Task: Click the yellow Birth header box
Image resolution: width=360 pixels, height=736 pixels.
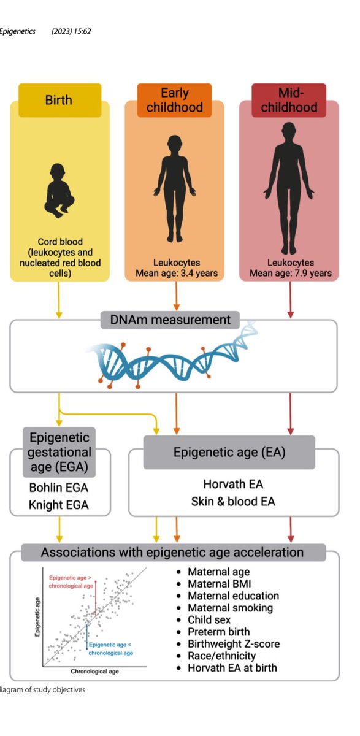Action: click(x=59, y=99)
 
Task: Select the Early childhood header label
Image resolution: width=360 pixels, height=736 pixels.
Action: click(x=174, y=100)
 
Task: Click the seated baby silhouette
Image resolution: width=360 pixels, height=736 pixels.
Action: click(x=59, y=190)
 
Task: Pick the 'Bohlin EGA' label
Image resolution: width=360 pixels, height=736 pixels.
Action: click(x=59, y=489)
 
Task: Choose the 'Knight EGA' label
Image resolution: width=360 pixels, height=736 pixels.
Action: click(x=59, y=505)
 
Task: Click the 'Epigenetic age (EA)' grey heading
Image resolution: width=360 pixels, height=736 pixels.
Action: click(x=230, y=453)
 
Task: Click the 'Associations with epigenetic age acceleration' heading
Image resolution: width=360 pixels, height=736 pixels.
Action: click(x=172, y=552)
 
